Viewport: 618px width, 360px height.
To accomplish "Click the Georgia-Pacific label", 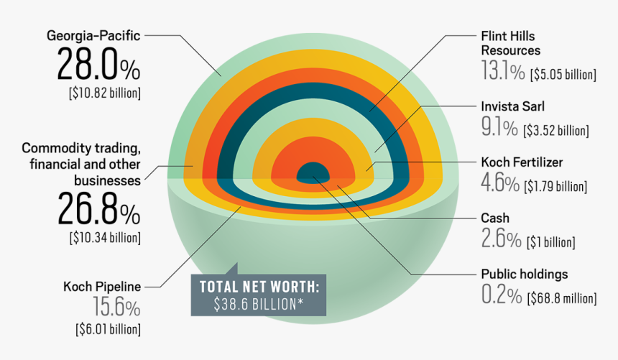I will click(93, 34).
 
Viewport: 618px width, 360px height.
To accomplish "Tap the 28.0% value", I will click(98, 66).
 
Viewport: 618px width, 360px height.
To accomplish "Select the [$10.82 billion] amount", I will click(105, 93).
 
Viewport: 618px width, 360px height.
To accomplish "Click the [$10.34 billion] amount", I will click(105, 236).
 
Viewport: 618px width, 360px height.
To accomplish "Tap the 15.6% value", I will click(116, 308).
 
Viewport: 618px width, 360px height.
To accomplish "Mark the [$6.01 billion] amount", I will click(108, 330).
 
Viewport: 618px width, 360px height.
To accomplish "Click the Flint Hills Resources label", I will click(510, 43).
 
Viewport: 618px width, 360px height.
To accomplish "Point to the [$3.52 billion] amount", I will click(556, 130).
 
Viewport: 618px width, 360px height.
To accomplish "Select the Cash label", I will click(494, 218).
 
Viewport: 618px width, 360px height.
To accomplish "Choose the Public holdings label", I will click(524, 274).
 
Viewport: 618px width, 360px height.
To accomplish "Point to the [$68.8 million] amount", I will click(562, 297).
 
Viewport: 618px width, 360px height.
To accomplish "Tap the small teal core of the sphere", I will click(313, 172).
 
